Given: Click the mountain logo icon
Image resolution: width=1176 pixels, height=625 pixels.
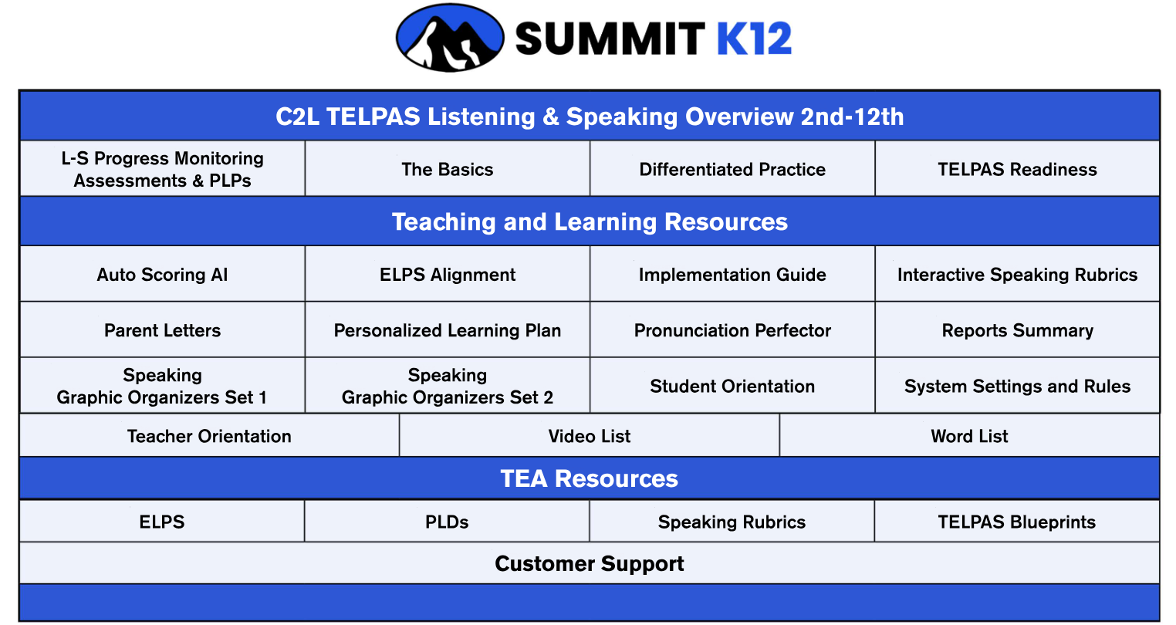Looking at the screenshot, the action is coord(450,38).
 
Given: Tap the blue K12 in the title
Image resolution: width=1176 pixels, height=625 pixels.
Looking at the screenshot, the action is coord(754,39).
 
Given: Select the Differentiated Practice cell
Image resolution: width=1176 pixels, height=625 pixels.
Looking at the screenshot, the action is coord(732,169).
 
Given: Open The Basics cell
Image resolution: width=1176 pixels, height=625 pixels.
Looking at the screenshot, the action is coord(448,169).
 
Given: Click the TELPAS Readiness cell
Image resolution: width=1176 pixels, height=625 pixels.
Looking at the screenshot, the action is coord(1018,169).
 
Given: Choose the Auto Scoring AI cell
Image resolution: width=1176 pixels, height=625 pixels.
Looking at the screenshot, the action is coord(162,274).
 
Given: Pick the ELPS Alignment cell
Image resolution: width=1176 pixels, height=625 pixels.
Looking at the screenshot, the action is coord(448,274).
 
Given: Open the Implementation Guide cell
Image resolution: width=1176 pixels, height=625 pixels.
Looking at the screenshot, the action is coord(732,274).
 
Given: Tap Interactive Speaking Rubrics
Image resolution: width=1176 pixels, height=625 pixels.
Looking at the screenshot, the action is coord(1018,274).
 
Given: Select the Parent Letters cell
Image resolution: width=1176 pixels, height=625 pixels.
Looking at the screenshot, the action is coord(162,330).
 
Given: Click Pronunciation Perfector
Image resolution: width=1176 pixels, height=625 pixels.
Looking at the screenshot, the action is coord(732,330).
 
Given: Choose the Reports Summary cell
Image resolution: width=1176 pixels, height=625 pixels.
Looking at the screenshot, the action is coord(1018,330).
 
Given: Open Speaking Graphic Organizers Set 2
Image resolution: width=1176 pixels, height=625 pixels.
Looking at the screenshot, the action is coord(448,386).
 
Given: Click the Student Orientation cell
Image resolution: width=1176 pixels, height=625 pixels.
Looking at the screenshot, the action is coord(732,386).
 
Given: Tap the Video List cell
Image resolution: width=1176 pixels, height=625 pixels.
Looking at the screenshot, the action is coord(589,435).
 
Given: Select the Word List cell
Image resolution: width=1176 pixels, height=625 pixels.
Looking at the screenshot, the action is coord(970,435).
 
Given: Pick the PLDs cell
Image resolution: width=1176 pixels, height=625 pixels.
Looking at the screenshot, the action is coord(447,521).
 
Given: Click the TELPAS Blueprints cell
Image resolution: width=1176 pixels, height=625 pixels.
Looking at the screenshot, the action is coord(1017,521).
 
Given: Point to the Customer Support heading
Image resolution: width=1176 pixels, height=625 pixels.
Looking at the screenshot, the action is coord(589,563).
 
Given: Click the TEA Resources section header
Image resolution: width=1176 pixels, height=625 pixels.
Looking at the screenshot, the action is coord(589,478).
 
